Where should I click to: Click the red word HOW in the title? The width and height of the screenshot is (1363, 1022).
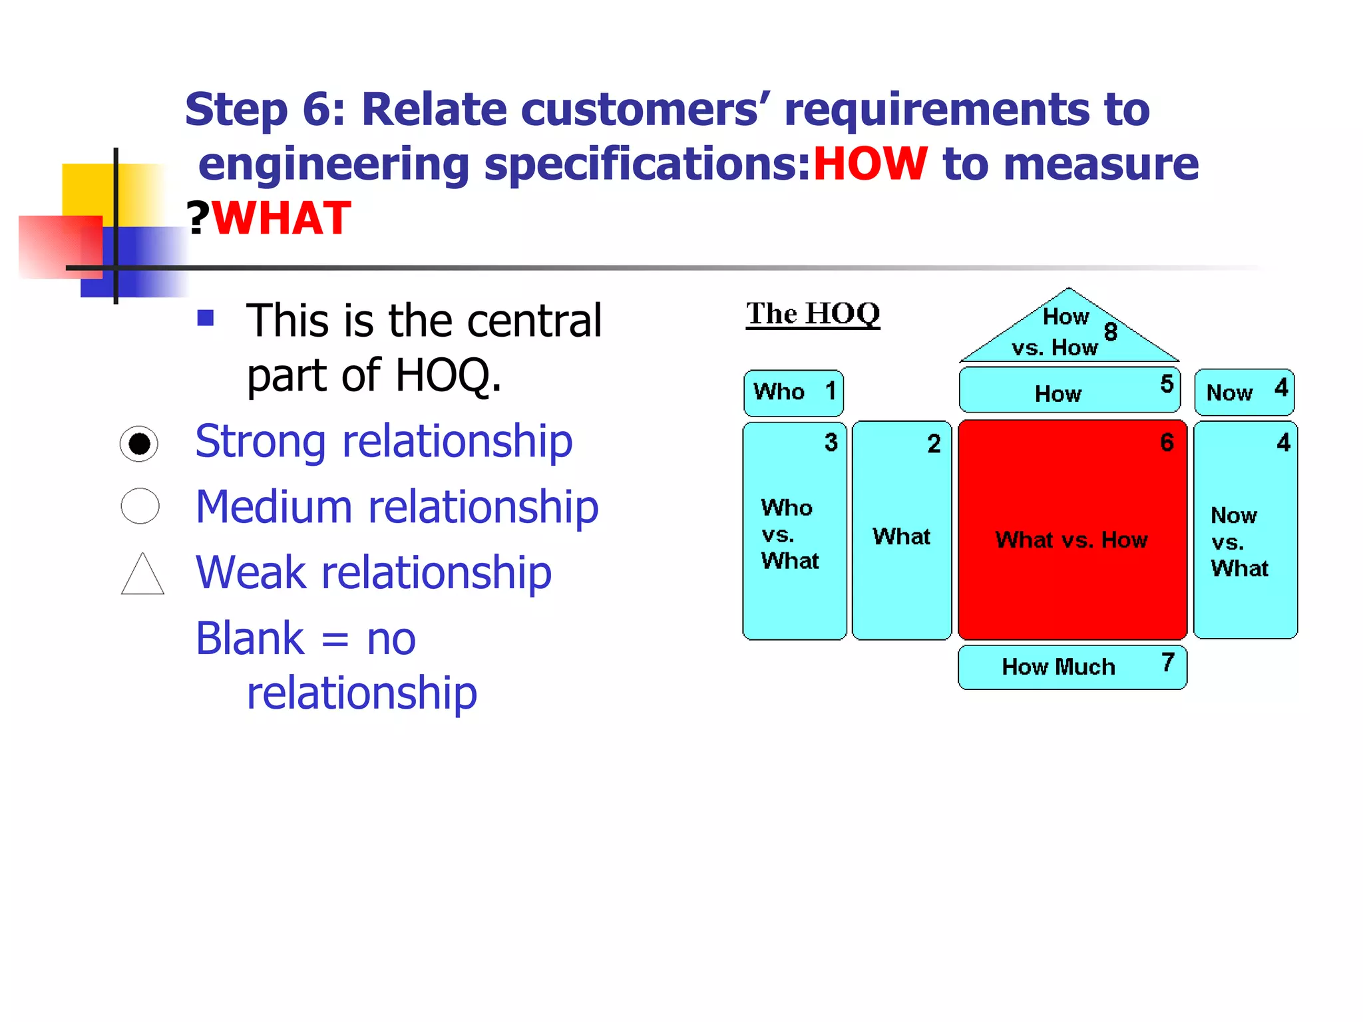[x=870, y=164]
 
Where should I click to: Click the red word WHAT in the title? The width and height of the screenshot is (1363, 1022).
[x=282, y=218]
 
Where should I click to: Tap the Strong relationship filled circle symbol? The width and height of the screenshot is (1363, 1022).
[x=139, y=444]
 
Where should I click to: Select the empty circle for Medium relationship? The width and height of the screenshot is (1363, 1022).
[x=140, y=506]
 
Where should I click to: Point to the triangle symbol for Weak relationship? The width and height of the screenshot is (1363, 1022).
[x=142, y=575]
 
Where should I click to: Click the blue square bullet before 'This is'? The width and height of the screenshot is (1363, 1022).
[x=206, y=318]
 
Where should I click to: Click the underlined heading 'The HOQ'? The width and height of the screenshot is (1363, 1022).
[x=813, y=313]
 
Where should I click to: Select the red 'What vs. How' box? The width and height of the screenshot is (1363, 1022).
[x=1071, y=530]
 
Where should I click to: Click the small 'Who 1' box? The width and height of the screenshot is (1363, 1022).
[x=793, y=393]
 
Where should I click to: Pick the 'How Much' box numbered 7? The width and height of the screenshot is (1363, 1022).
[x=1071, y=667]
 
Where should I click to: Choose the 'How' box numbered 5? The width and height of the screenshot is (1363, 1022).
[x=1069, y=391]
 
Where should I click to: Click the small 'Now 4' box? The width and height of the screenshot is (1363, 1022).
[x=1244, y=392]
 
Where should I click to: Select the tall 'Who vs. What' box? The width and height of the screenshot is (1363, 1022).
[x=794, y=531]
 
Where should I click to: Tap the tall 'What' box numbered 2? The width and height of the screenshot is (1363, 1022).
[x=901, y=531]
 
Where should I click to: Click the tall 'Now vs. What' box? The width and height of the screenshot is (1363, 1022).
[x=1245, y=531]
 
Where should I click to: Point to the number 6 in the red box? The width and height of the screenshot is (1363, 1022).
[x=1167, y=442]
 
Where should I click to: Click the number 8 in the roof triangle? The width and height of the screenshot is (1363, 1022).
[x=1110, y=331]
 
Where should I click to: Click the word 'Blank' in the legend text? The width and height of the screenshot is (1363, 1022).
[x=250, y=639]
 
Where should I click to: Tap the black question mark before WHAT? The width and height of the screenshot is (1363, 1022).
[x=198, y=218]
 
